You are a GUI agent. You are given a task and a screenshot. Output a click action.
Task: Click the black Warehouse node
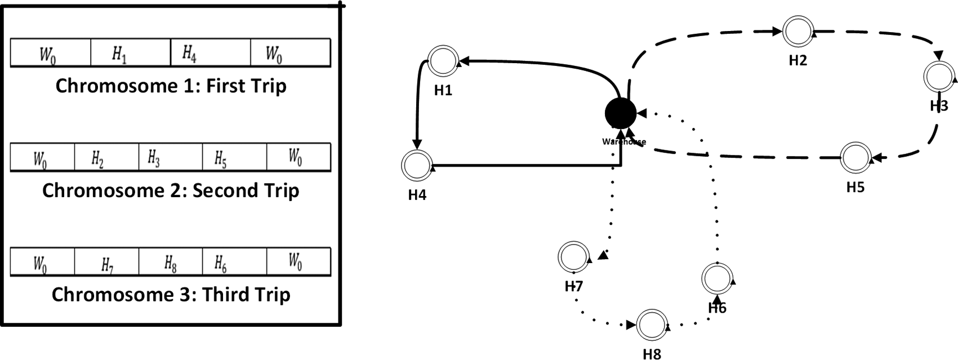(x=620, y=113)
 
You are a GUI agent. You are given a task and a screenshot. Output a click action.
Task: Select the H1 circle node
(x=443, y=60)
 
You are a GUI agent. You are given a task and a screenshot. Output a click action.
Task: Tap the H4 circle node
(x=417, y=165)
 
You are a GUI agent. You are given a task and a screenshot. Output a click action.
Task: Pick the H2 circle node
(x=797, y=32)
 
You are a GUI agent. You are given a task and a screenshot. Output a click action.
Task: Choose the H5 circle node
(x=855, y=157)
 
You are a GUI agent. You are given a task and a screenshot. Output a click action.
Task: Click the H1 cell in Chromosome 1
(x=130, y=54)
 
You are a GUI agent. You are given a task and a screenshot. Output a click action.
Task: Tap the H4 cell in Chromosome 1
(x=210, y=54)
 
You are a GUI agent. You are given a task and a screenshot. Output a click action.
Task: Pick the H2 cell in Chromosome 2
(x=106, y=158)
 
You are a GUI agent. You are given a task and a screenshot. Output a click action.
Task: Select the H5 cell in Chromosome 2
(x=234, y=158)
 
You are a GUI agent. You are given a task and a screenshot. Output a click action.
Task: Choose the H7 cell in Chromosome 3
(x=106, y=263)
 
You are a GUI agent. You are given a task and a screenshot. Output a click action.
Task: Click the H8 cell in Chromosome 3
(x=170, y=263)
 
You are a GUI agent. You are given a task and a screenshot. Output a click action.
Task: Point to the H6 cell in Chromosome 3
(x=234, y=263)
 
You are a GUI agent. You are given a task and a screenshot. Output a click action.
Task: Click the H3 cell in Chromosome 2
(x=170, y=158)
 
